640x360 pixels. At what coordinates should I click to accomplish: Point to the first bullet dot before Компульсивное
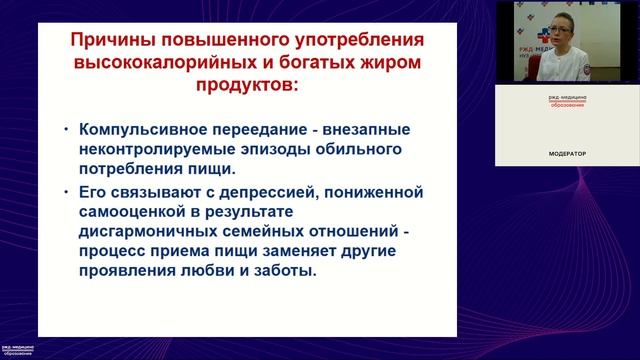67,130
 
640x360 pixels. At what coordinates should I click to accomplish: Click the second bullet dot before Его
67,191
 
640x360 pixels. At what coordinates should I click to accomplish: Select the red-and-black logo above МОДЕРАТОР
566,103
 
